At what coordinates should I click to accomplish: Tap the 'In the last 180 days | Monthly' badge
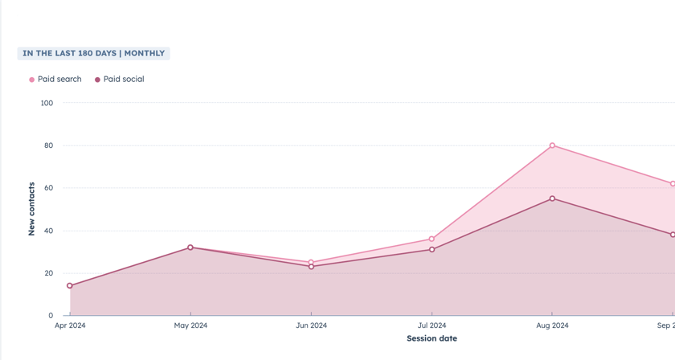(x=93, y=54)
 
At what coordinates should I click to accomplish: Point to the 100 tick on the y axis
(x=47, y=103)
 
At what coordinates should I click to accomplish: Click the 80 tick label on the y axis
(x=48, y=145)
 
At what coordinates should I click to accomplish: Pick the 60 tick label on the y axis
(x=48, y=188)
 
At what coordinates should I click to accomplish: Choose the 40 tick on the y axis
(x=48, y=231)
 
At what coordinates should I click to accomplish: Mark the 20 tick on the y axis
(x=48, y=273)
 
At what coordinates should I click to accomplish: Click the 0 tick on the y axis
(x=51, y=316)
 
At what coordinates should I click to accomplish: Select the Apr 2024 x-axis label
(x=70, y=325)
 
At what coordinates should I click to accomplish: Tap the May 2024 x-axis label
(x=190, y=325)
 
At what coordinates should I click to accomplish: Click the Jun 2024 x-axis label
(x=311, y=325)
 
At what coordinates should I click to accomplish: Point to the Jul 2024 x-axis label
(x=432, y=325)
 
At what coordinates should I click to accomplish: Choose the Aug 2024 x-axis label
(x=552, y=325)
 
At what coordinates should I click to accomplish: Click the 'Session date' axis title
(x=432, y=338)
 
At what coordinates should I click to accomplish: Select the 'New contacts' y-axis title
(x=32, y=209)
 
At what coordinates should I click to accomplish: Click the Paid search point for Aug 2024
(x=552, y=145)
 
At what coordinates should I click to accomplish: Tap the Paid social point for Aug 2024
(x=552, y=198)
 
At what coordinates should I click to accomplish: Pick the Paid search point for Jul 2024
(x=432, y=239)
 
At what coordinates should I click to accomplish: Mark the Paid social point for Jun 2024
(x=311, y=267)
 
